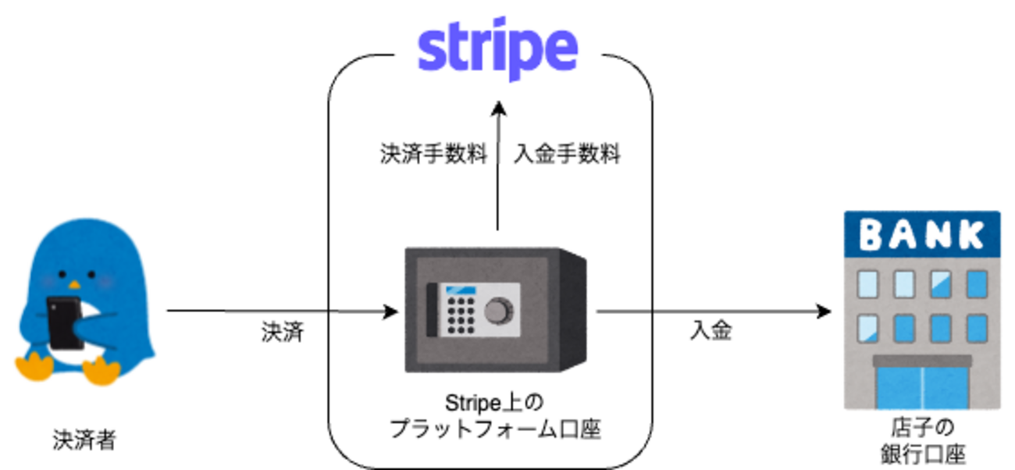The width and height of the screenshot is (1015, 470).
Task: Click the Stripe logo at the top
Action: [x=497, y=48]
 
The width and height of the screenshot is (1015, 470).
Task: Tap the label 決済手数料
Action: [x=432, y=154]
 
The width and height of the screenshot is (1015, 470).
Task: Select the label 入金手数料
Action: [x=567, y=154]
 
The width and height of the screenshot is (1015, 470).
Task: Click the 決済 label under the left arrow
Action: [x=282, y=333]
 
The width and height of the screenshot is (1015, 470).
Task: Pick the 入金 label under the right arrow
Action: [x=711, y=331]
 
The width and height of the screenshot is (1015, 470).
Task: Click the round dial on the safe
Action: [x=496, y=311]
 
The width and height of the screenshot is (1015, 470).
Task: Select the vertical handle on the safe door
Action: [x=431, y=311]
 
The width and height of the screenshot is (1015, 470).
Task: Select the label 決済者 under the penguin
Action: [x=84, y=440]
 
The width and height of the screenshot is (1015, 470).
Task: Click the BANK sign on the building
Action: [x=922, y=234]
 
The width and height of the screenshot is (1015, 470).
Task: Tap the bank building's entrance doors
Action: [x=922, y=386]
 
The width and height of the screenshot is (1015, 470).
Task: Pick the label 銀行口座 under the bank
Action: [x=922, y=453]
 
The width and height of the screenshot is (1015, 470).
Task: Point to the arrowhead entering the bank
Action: [x=824, y=312]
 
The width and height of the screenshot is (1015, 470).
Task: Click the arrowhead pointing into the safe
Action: [x=391, y=312]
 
